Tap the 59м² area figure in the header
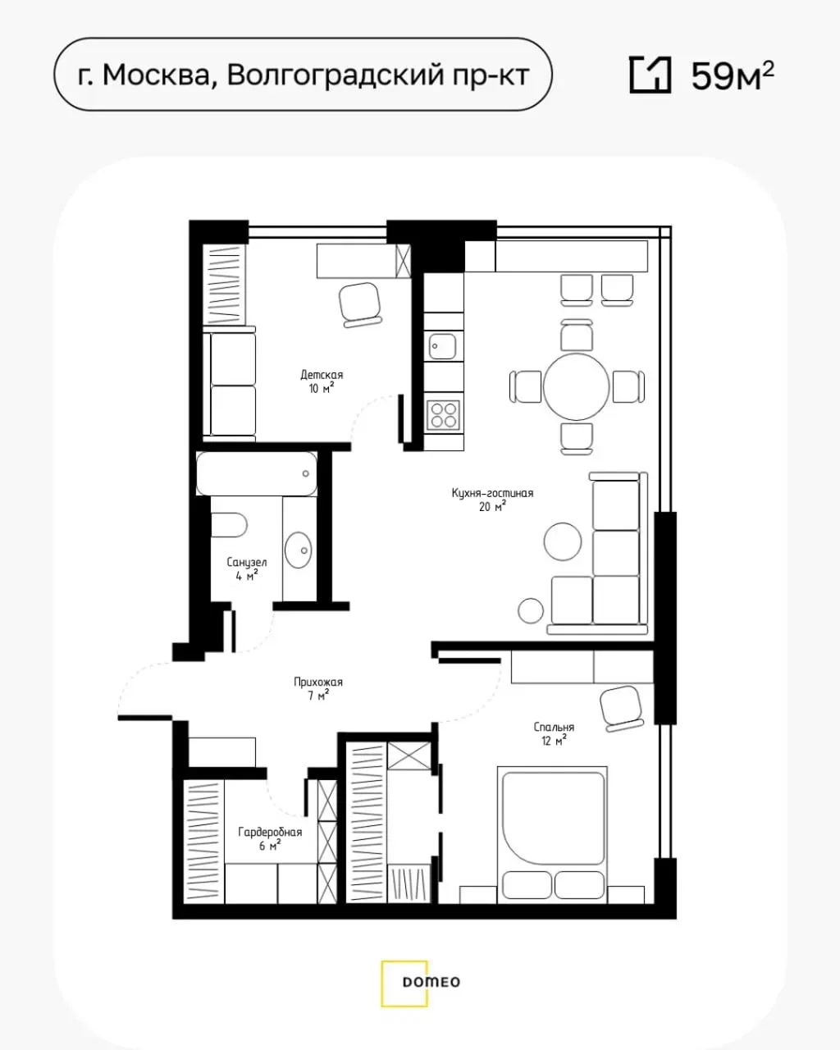coord(733,75)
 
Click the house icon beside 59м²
coord(651,75)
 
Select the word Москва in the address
coord(156,75)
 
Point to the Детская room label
coord(322,375)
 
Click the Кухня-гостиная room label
coord(492,493)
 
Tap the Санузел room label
coord(246,562)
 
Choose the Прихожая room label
coord(318,682)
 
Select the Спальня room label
coord(554,727)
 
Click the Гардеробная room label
coord(270,832)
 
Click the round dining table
coord(577,386)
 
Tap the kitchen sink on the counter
coord(443,346)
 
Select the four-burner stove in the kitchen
coord(443,415)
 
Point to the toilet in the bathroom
coord(229,525)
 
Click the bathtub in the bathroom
coord(257,473)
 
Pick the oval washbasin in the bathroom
coord(299,550)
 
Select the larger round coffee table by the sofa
coord(563,541)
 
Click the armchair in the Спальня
coord(622,708)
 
